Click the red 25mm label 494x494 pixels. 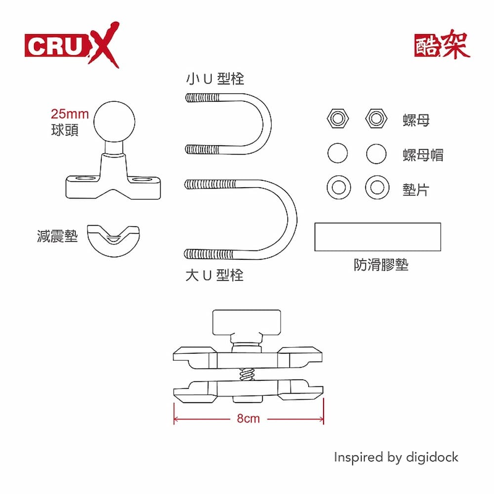click(x=70, y=115)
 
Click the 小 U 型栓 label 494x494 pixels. click(x=215, y=79)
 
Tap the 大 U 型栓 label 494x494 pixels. click(x=215, y=275)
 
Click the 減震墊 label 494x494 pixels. click(x=57, y=236)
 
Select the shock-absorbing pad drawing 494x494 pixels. click(x=113, y=240)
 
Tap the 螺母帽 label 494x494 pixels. click(x=423, y=155)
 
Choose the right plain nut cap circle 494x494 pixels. click(x=376, y=154)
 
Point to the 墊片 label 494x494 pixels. click(x=415, y=189)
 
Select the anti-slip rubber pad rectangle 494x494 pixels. click(x=377, y=237)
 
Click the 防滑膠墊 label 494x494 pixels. click(x=381, y=265)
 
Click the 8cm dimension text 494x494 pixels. click(x=248, y=419)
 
